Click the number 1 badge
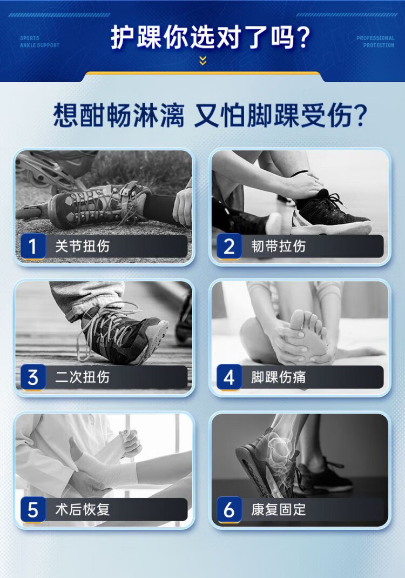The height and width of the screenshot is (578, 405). tap(33, 246)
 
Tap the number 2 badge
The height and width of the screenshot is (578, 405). tap(229, 246)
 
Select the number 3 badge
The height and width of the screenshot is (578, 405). tap(33, 377)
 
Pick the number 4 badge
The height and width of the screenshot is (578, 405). tap(229, 377)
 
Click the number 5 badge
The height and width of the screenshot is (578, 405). tap(33, 509)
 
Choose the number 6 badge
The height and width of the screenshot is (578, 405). tap(229, 509)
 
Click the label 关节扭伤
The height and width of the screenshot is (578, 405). tap(83, 246)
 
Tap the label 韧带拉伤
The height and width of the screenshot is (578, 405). tap(278, 246)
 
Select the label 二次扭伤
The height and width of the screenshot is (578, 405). tap(83, 377)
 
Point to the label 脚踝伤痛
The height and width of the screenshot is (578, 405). tap(278, 377)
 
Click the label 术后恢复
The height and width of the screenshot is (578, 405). tap(83, 509)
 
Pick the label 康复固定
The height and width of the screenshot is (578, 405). tap(278, 509)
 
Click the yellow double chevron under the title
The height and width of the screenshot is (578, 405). tap(202, 61)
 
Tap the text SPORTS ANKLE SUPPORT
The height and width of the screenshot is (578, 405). tap(39, 42)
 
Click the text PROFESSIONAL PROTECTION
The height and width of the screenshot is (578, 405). tap(375, 42)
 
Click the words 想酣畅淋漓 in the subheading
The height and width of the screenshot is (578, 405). tap(119, 116)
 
